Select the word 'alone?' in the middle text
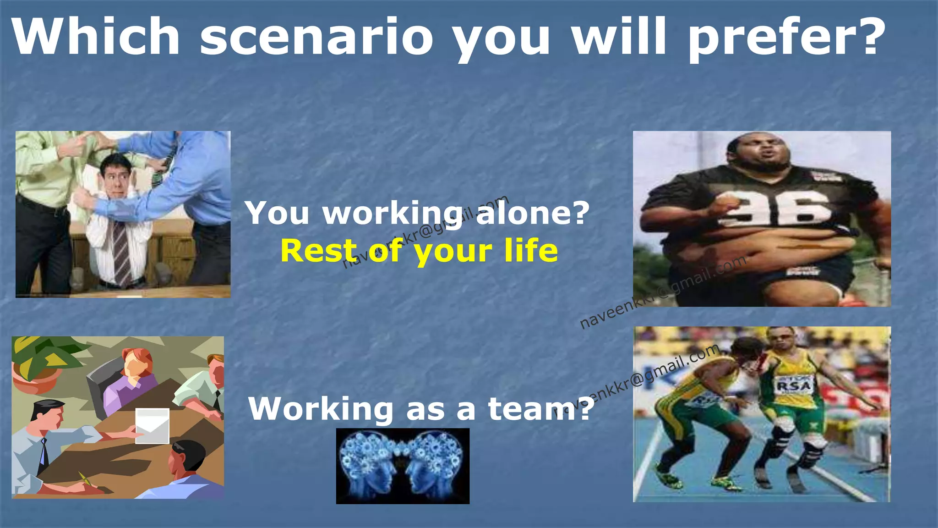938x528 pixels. (x=532, y=213)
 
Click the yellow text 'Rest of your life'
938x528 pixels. (x=419, y=251)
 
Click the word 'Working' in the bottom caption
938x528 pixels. (x=321, y=408)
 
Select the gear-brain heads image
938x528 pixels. (x=403, y=466)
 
